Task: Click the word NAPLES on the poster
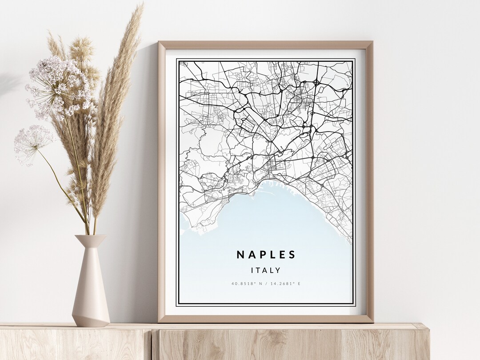tap(266, 255)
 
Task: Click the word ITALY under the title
tap(266, 270)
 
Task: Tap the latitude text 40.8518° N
tap(247, 284)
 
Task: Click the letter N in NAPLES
tap(240, 255)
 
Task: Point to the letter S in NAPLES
tap(292, 255)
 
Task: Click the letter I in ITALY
tap(252, 270)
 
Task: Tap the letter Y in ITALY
tap(279, 270)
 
